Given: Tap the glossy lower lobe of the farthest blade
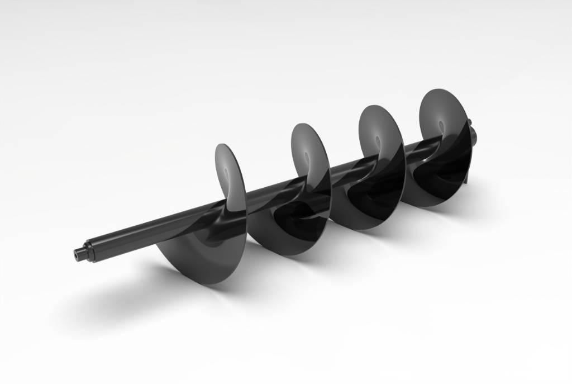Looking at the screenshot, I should (x=441, y=179).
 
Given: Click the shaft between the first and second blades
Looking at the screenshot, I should (x=268, y=191).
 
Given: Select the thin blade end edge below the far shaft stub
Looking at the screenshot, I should (x=466, y=179).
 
